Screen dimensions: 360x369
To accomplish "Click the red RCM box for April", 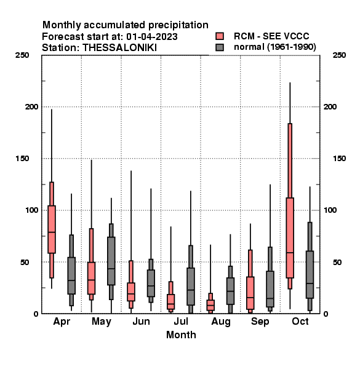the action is [x=52, y=229].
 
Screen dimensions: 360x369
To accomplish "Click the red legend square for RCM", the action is [x=220, y=36].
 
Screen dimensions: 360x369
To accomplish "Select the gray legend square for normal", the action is [x=220, y=47].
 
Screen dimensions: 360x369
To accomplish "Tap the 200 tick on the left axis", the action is [x=31, y=106].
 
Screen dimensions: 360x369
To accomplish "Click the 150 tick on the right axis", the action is [x=339, y=159].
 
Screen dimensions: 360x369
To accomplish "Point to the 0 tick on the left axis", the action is [x=36, y=314].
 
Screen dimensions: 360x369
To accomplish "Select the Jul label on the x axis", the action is [x=181, y=321].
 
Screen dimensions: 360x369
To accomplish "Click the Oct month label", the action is [x=300, y=321].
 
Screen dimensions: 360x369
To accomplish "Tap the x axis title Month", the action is [x=181, y=335].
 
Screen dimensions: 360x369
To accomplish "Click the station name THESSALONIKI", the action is [x=119, y=48].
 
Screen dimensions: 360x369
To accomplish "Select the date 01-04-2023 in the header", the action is [x=152, y=36].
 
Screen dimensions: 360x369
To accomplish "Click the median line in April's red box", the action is [x=52, y=232].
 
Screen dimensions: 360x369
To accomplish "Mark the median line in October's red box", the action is [x=290, y=253].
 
